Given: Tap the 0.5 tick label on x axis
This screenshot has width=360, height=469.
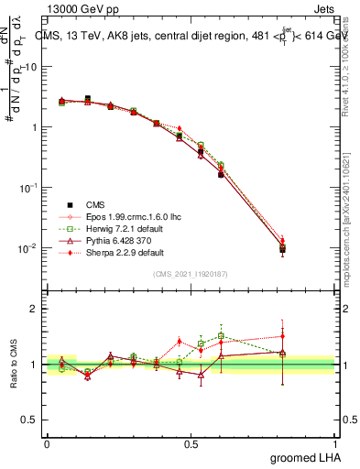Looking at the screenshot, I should tap(191, 443).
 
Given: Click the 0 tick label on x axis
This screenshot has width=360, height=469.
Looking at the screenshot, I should tap(47, 443).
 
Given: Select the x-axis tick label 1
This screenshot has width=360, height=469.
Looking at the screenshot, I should tap(334, 443).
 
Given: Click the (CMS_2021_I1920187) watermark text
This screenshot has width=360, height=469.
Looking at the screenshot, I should tap(190, 274).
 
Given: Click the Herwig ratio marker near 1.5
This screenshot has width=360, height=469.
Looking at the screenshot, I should tap(221, 336).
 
